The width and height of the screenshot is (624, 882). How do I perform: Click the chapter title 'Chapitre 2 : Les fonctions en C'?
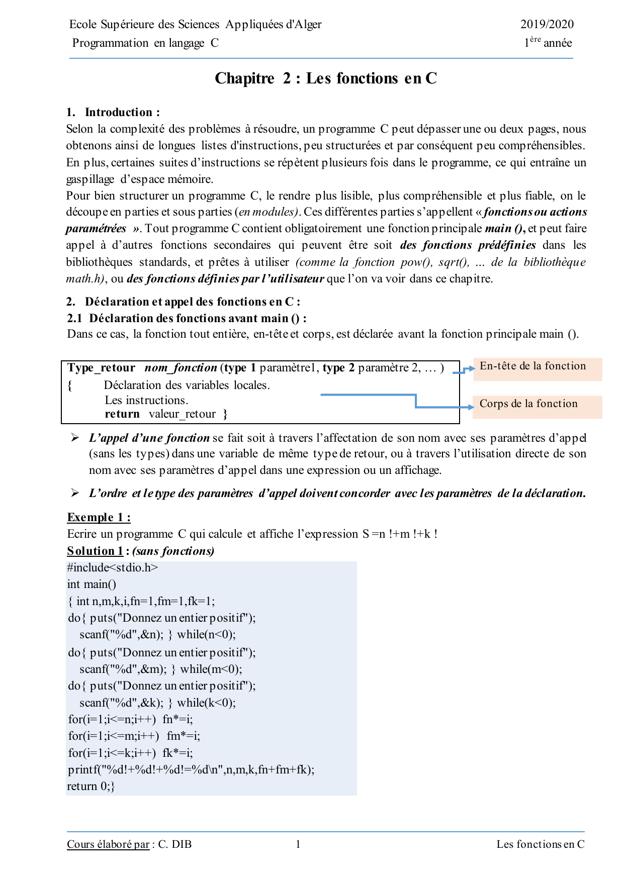pyautogui.click(x=326, y=78)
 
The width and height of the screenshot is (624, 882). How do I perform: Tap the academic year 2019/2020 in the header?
pyautogui.click(x=547, y=24)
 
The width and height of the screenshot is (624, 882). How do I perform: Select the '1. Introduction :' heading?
pyautogui.click(x=113, y=112)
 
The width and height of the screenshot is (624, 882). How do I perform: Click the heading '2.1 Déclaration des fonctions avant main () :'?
pyautogui.click(x=187, y=318)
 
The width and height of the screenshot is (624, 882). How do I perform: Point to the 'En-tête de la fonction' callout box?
pyautogui.click(x=538, y=368)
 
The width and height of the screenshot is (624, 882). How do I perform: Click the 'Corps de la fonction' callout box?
pyautogui.click(x=538, y=407)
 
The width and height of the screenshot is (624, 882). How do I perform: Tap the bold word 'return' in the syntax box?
pyautogui.click(x=122, y=414)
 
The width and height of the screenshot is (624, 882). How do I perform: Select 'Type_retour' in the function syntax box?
pyautogui.click(x=101, y=368)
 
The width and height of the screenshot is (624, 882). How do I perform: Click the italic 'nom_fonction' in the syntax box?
pyautogui.click(x=181, y=368)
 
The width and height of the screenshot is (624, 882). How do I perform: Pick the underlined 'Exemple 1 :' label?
pyautogui.click(x=99, y=518)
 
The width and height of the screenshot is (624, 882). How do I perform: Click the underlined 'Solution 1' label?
pyautogui.click(x=95, y=551)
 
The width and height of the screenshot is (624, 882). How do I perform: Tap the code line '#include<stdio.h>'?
pyautogui.click(x=113, y=568)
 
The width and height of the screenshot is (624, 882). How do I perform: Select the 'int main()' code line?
pyautogui.click(x=92, y=584)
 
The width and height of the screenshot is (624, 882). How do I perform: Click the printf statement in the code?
pyautogui.click(x=191, y=770)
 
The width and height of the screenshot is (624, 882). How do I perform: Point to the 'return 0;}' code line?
pyautogui.click(x=91, y=787)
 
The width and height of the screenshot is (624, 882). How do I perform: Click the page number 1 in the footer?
pyautogui.click(x=298, y=844)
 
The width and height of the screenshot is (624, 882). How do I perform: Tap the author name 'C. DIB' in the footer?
pyautogui.click(x=175, y=844)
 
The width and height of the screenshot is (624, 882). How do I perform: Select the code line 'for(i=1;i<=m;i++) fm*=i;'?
pyautogui.click(x=134, y=736)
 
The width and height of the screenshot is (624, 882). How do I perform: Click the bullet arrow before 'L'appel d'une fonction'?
pyautogui.click(x=75, y=438)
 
